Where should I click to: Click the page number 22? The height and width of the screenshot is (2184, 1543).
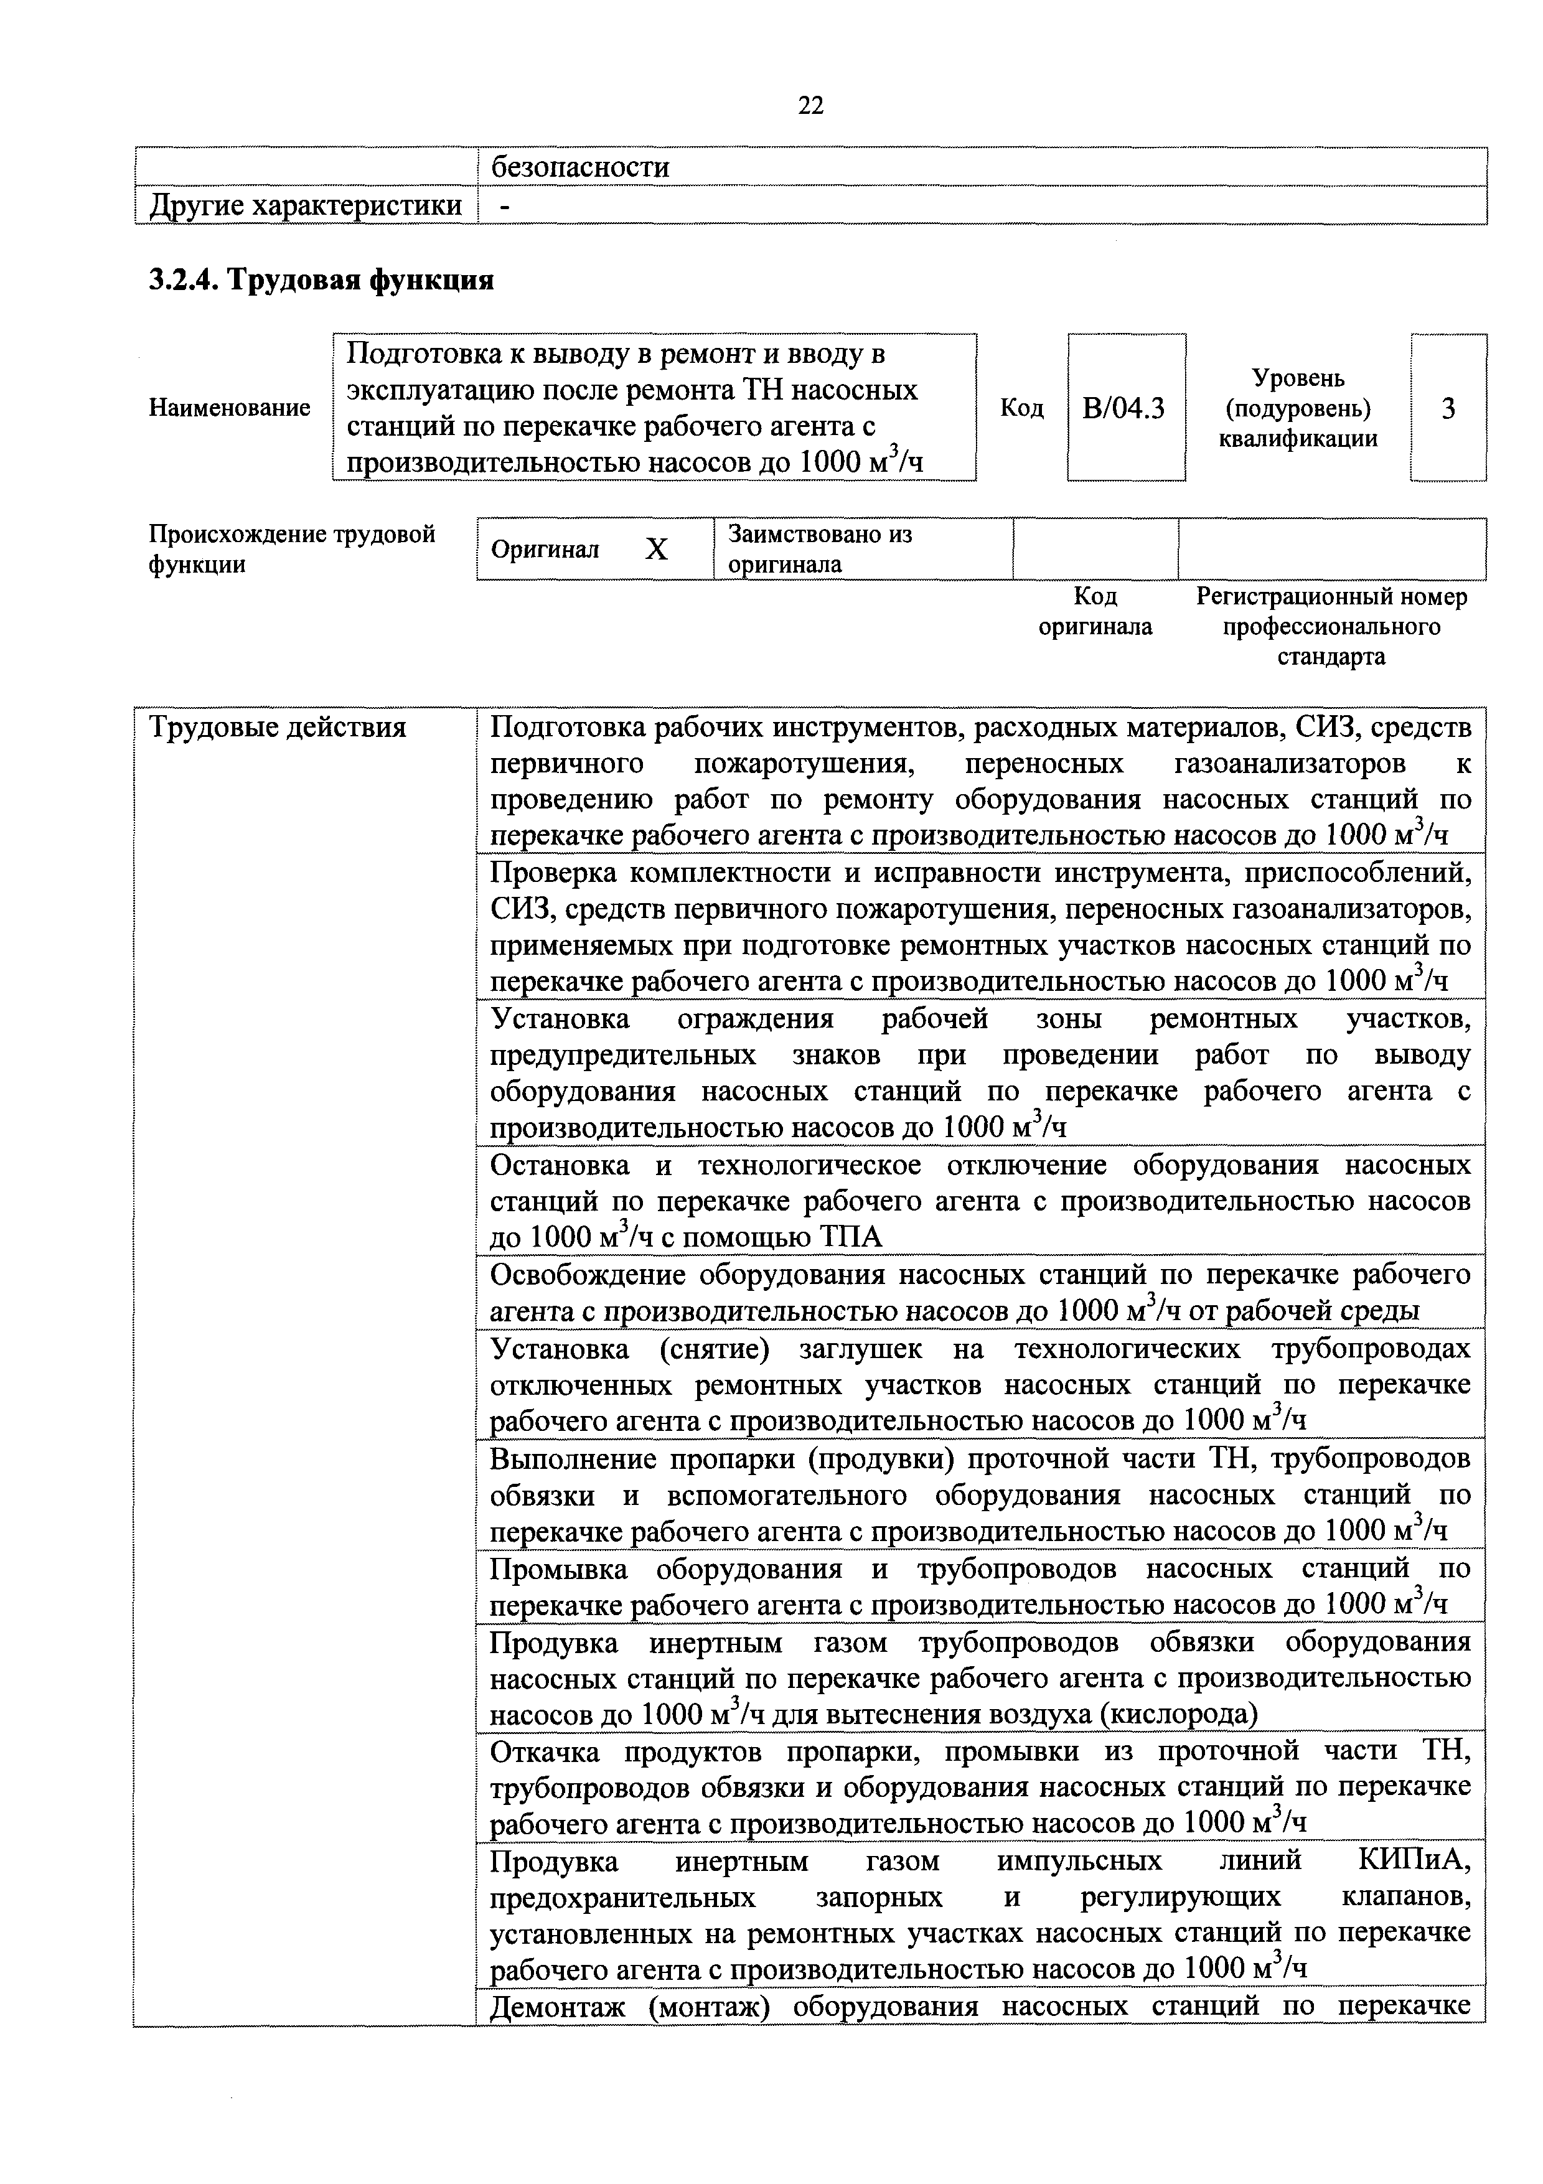[810, 105]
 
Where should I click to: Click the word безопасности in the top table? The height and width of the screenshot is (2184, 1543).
[579, 167]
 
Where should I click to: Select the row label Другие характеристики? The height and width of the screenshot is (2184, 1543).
[306, 205]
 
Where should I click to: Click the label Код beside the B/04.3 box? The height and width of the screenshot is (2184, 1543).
[1021, 408]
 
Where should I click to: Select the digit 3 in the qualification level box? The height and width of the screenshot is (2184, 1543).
[1448, 408]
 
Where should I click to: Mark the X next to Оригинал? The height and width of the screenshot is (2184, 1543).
[657, 549]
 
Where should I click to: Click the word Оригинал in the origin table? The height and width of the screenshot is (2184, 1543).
[545, 550]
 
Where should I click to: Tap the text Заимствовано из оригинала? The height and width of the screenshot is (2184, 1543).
[819, 549]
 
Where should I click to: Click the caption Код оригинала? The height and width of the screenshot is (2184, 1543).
[1095, 612]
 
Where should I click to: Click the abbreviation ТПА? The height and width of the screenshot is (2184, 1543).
[850, 1237]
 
